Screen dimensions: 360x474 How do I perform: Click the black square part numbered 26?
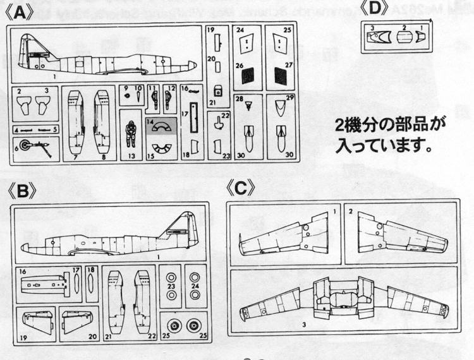[x=248, y=76]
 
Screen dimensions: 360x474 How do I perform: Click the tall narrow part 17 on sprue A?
[x=193, y=121]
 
